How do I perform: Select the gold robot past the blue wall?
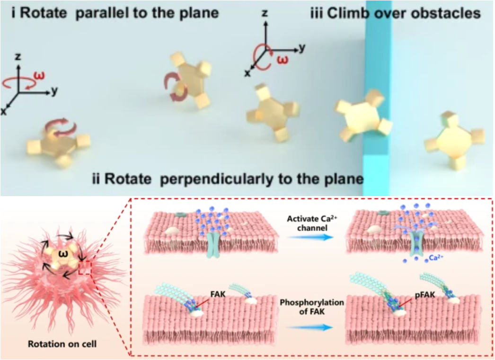pyautogui.click(x=454, y=141)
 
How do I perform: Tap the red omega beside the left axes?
pyautogui.click(x=41, y=75)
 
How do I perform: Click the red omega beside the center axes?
pyautogui.click(x=282, y=61)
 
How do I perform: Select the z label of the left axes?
pyautogui.click(x=18, y=57)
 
